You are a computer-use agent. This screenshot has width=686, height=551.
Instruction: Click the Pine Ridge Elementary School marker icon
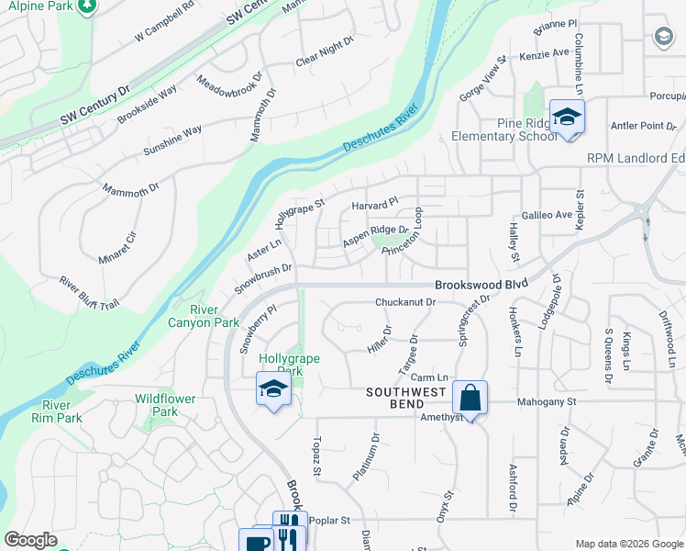[x=567, y=118]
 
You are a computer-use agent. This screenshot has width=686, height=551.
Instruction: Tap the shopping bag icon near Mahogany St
[x=470, y=399]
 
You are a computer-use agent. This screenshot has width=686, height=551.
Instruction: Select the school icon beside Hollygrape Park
[x=272, y=390]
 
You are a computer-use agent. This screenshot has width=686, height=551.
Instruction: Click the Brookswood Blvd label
[x=481, y=285]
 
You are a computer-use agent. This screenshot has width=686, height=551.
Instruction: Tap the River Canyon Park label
[x=203, y=316]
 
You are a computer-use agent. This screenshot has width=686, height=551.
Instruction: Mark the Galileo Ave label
[x=547, y=214]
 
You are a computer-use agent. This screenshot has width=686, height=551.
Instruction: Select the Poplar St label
[x=330, y=520]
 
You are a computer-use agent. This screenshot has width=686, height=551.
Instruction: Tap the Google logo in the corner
[x=31, y=540]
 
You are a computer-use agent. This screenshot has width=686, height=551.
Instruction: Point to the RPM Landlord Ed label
[x=636, y=158]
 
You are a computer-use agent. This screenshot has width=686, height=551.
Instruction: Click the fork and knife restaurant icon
[x=289, y=528]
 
